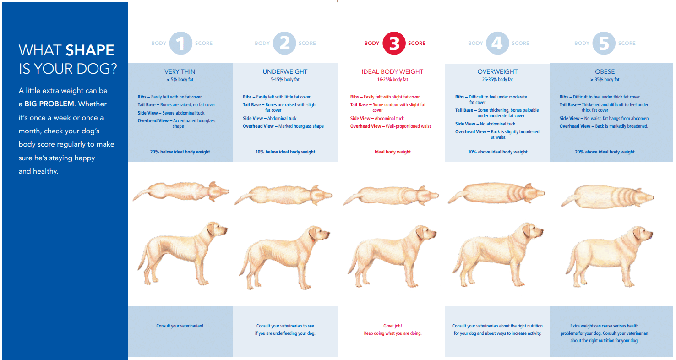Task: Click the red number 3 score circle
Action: pos(394,43)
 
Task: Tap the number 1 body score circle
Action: pos(181,43)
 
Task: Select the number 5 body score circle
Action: pos(604,43)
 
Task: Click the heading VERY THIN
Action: pos(180,71)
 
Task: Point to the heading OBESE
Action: pos(605,71)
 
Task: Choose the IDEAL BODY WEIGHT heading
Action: pos(393,71)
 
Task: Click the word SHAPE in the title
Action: pos(90,50)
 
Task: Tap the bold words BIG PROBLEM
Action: pos(49,104)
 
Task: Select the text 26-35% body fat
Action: pos(497,80)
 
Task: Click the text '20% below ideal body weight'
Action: pos(180,152)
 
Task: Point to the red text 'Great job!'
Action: pos(393,326)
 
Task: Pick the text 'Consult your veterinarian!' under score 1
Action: pos(180,326)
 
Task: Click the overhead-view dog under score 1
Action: pos(181,191)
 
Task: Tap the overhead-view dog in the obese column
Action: pos(607,197)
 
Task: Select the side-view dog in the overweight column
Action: pos(498,255)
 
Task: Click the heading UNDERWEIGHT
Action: pos(285,71)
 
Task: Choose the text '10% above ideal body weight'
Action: pos(498,152)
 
